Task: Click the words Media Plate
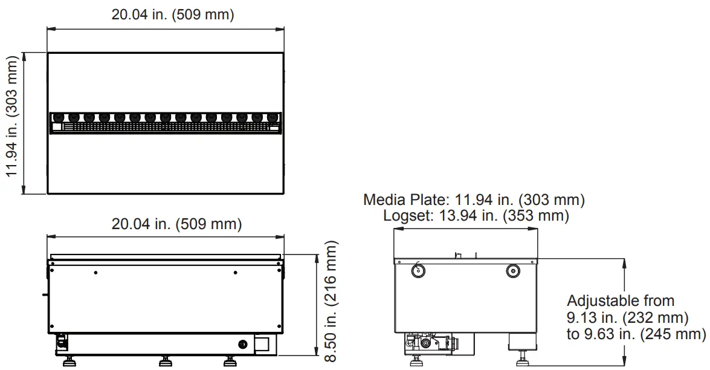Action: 402,200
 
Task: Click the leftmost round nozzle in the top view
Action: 59,117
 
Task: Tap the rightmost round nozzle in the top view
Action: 273,117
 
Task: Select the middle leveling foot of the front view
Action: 165,362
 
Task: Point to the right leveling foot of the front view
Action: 229,362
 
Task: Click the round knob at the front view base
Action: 243,345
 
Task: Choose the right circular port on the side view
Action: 512,271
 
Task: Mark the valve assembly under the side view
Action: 430,342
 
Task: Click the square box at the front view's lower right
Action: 264,345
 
